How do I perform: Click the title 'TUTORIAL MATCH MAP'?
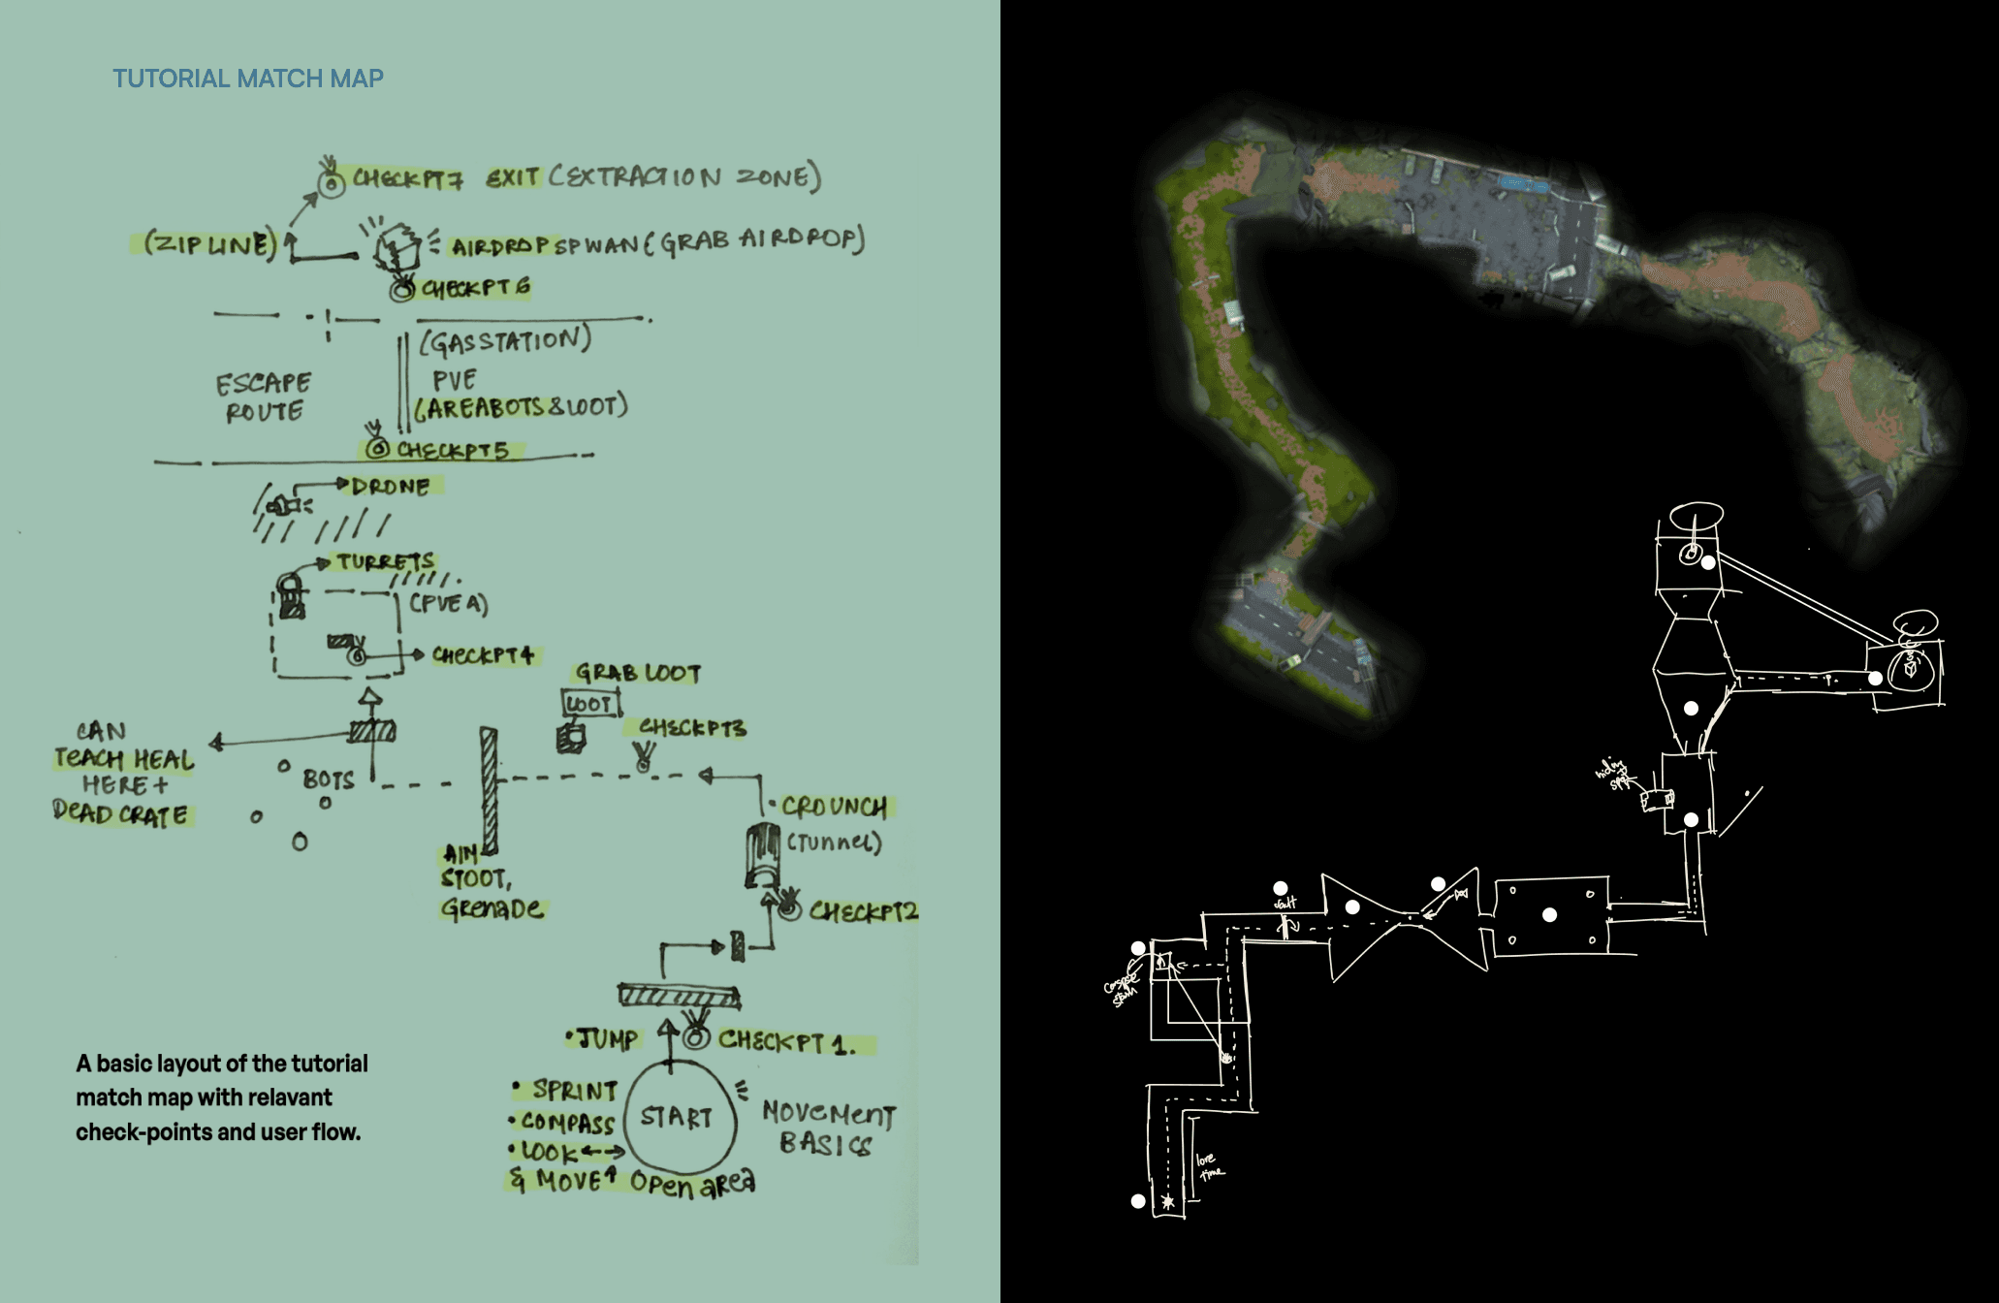coord(248,79)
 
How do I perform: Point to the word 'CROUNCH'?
coord(834,807)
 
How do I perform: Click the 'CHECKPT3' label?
coord(692,727)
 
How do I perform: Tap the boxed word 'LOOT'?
coord(589,704)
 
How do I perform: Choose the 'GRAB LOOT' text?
coord(638,673)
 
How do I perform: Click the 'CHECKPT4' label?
coord(483,655)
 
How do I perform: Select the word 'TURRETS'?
coord(385,562)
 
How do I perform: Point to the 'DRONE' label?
coord(390,486)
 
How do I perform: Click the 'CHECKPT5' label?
coord(452,450)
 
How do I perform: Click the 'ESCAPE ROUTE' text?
coord(264,397)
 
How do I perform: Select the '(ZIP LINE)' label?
coord(209,243)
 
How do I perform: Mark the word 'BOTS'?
coord(328,779)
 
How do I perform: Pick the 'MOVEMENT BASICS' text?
coord(828,1128)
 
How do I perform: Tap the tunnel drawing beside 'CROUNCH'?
coord(763,854)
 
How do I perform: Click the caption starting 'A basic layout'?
coord(222,1097)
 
